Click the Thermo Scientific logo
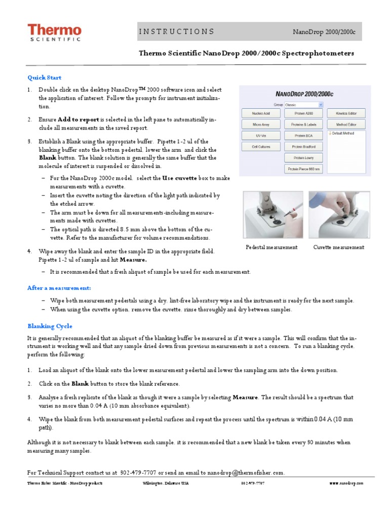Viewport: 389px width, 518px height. [x=54, y=33]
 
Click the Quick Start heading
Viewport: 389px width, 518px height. [x=44, y=77]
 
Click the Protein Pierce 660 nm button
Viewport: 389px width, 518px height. [x=304, y=169]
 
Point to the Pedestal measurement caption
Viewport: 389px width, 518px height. [x=271, y=247]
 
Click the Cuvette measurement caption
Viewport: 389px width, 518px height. [x=338, y=247]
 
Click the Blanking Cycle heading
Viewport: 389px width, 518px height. [x=50, y=326]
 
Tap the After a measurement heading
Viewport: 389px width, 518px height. [x=59, y=288]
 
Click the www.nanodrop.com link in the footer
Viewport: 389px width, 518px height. [x=346, y=484]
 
